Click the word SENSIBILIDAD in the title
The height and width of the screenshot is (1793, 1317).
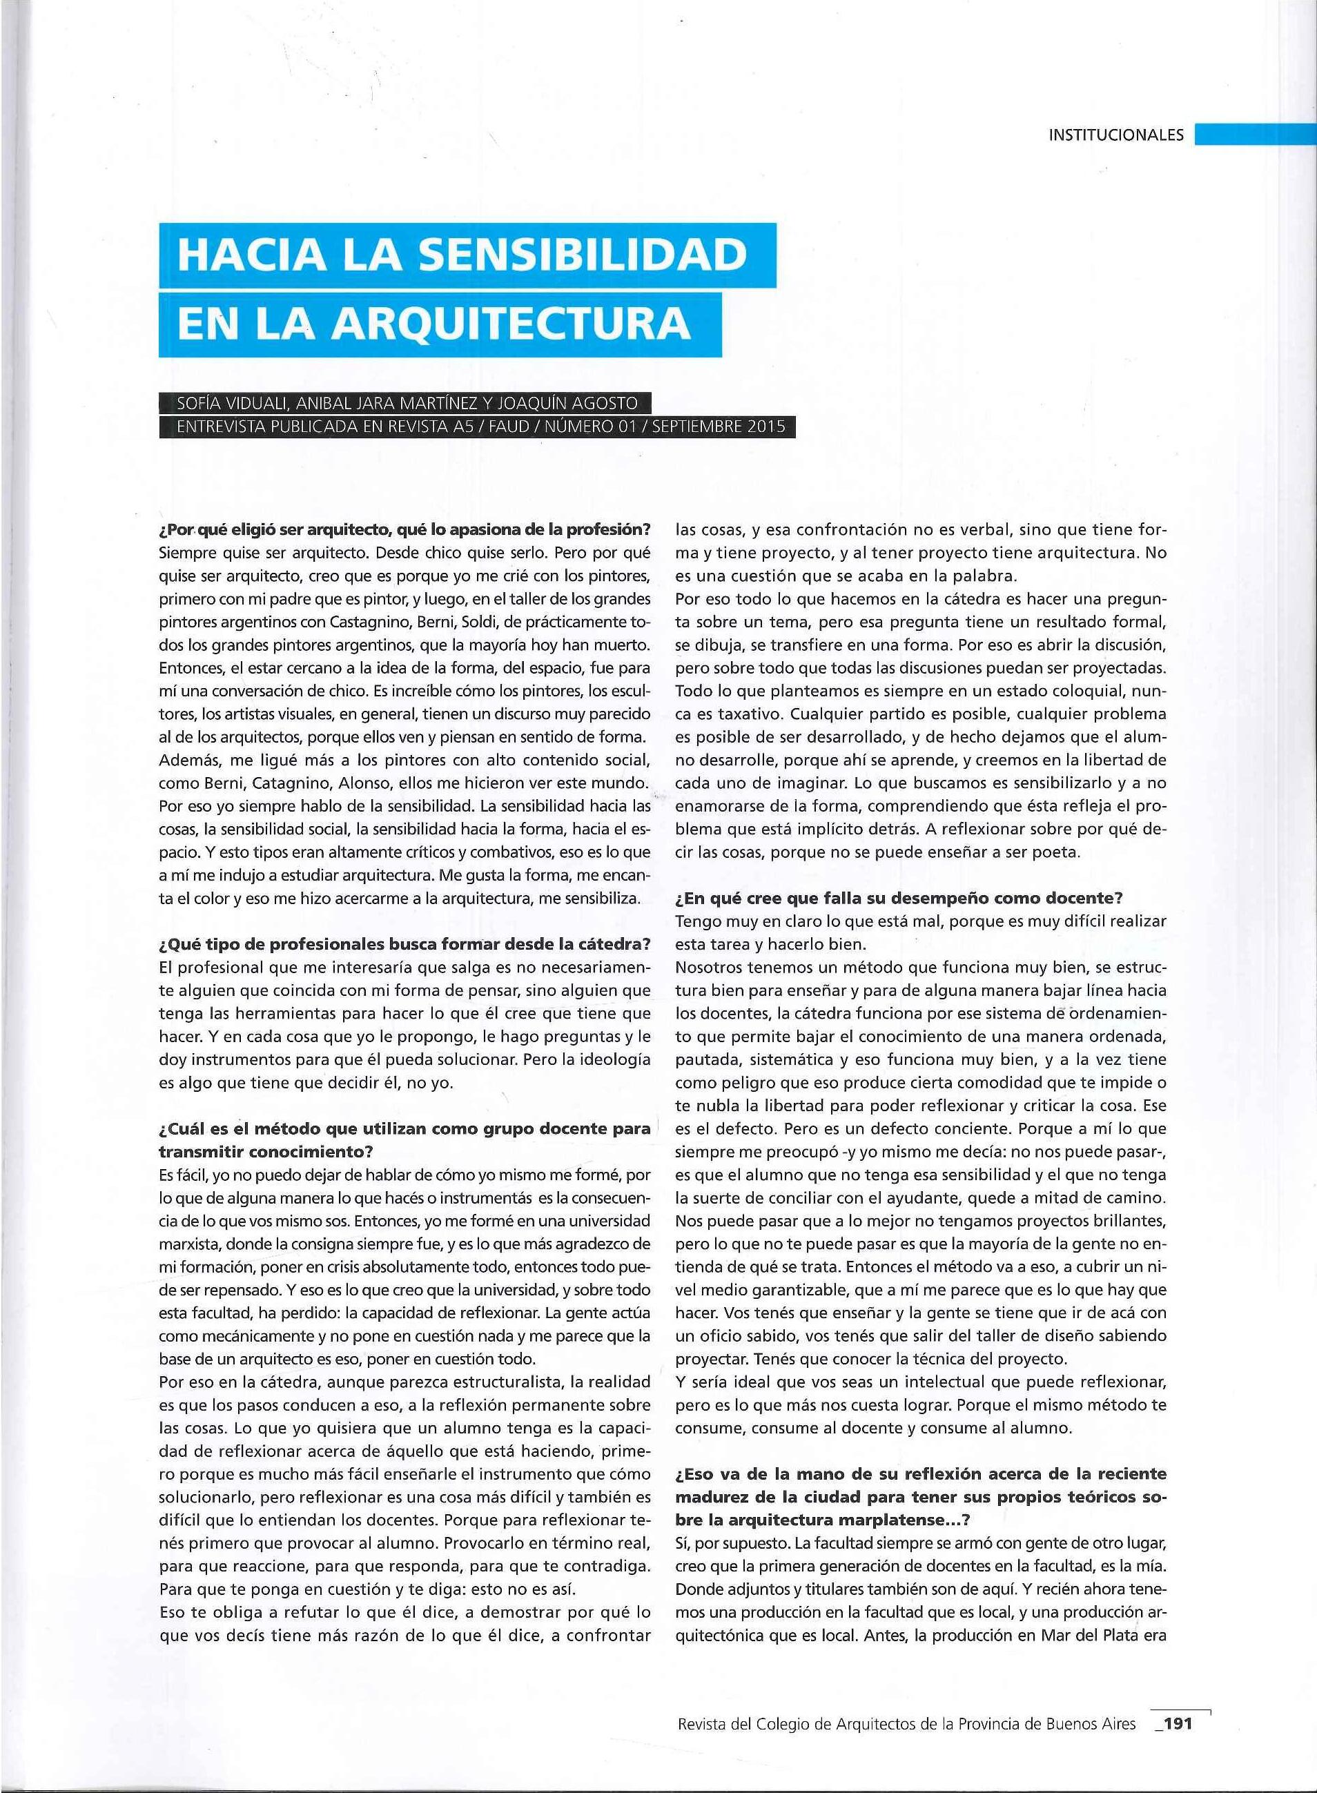coord(587,254)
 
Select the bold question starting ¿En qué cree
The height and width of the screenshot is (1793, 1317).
coord(899,898)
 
